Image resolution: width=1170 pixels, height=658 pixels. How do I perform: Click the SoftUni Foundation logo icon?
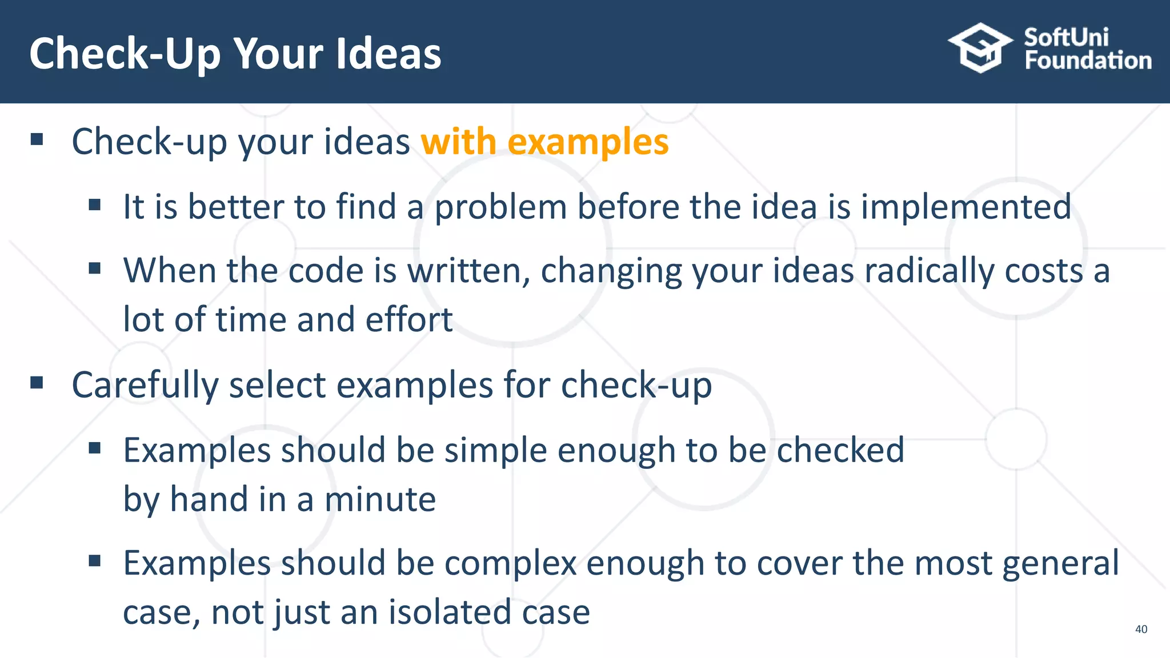pos(980,48)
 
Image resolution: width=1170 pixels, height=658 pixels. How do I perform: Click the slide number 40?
pos(1141,629)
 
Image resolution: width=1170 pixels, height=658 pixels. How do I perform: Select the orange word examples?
pos(588,142)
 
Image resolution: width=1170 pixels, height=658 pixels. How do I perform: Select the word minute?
pos(380,499)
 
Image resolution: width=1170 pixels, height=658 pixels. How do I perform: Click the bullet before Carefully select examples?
pos(37,383)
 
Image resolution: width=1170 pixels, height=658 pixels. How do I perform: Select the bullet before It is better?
pos(95,204)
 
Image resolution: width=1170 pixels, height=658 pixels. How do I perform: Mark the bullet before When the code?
pos(95,268)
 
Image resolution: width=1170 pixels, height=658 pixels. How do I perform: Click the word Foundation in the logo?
pos(1088,61)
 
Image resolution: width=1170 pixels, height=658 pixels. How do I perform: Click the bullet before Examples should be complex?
pos(95,561)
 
